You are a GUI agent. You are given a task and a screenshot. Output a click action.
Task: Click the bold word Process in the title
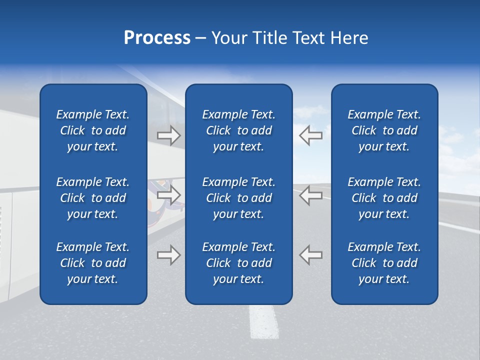tap(157, 38)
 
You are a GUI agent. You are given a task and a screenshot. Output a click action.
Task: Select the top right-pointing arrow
tap(168, 135)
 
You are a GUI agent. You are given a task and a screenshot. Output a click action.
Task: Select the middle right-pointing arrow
tap(168, 195)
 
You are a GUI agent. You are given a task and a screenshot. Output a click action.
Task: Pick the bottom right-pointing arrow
tap(168, 254)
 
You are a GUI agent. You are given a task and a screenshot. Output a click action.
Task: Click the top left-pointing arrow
tap(310, 135)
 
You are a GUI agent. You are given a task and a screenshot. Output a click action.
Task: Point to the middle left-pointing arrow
tap(310, 195)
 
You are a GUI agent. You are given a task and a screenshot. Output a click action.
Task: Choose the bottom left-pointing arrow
tap(310, 254)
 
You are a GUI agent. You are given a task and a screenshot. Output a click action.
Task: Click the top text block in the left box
tap(93, 130)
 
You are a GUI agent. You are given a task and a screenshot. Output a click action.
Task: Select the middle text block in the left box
tap(93, 198)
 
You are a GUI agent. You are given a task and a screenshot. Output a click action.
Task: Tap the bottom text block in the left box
tap(93, 263)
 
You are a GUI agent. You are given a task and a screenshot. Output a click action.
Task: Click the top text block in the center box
tap(238, 130)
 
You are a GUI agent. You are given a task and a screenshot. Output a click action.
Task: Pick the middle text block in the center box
tap(238, 198)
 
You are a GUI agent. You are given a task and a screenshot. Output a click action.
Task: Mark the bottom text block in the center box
tap(238, 263)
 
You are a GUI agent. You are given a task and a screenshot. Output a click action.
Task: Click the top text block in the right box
tap(384, 130)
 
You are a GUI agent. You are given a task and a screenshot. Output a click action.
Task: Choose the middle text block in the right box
tap(384, 198)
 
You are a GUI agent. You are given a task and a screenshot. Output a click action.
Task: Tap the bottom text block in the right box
tap(384, 263)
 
